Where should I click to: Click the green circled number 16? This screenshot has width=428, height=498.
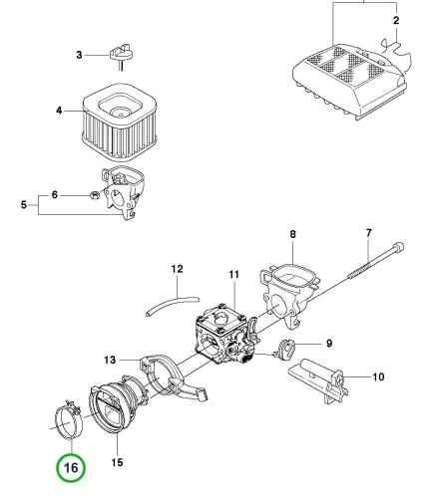pyautogui.click(x=71, y=467)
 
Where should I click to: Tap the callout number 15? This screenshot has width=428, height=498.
pyautogui.click(x=117, y=462)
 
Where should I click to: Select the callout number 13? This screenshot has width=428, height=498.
pyautogui.click(x=110, y=360)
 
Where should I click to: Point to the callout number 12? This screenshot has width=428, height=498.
pyautogui.click(x=178, y=269)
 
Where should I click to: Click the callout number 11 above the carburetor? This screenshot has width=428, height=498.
pyautogui.click(x=234, y=274)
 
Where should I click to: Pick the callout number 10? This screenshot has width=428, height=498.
pyautogui.click(x=378, y=376)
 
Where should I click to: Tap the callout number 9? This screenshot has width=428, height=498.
pyautogui.click(x=329, y=343)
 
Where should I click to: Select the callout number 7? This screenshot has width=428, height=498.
pyautogui.click(x=369, y=233)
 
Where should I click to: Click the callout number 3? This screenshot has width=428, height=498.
pyautogui.click(x=79, y=55)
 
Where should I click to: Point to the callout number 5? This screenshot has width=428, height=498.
pyautogui.click(x=24, y=204)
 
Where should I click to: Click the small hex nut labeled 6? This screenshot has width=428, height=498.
pyautogui.click(x=94, y=195)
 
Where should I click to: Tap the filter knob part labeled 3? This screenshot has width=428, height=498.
pyautogui.click(x=122, y=54)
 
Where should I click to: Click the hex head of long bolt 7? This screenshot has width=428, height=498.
pyautogui.click(x=398, y=247)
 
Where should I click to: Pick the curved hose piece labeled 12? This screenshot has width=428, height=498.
pyautogui.click(x=173, y=305)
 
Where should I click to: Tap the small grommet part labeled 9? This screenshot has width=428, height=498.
pyautogui.click(x=284, y=349)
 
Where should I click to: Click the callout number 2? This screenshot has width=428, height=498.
pyautogui.click(x=396, y=21)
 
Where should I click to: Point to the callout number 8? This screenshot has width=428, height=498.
pyautogui.click(x=292, y=234)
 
